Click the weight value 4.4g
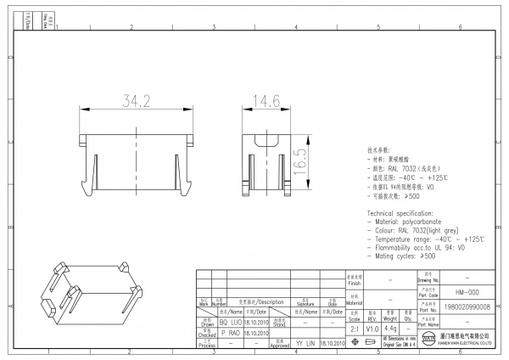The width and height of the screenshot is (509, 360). click(390, 328)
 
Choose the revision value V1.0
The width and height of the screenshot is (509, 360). click(372, 328)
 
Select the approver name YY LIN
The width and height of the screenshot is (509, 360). click(304, 343)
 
